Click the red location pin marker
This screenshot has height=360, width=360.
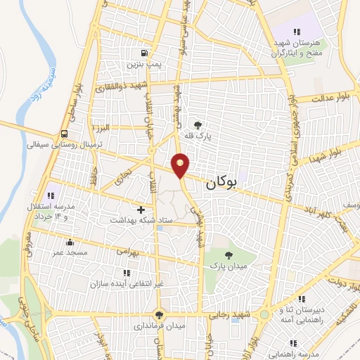pyautogui.click(x=181, y=165)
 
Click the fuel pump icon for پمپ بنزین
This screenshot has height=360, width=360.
pyautogui.click(x=144, y=53)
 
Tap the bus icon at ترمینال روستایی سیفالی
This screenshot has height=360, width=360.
pyautogui.click(x=65, y=134)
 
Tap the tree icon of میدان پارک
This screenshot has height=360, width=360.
pyautogui.click(x=228, y=256)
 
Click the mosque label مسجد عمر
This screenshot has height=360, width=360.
pyautogui.click(x=68, y=251)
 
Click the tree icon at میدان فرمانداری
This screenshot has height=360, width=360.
pyautogui.click(x=160, y=316)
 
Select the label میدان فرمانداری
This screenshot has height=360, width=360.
pyautogui.click(x=161, y=327)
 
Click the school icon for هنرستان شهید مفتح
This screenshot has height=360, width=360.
pyautogui.click(x=297, y=32)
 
